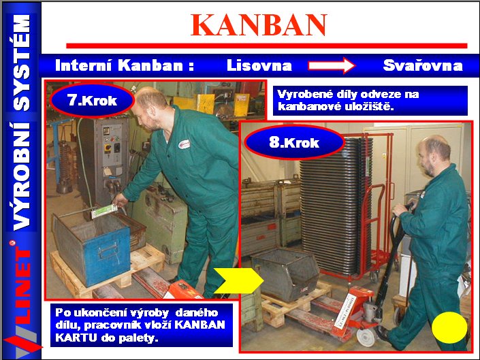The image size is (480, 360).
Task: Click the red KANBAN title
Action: [259, 25]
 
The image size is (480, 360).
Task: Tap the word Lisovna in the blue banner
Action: [259, 65]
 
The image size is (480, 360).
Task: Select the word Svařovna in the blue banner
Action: [423, 65]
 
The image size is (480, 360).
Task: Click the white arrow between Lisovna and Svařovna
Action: [332, 65]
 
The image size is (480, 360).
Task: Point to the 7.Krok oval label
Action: [92, 100]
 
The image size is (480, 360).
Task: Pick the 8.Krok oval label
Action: [295, 142]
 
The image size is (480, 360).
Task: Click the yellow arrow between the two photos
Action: [238, 281]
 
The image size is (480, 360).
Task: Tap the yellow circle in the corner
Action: [449, 327]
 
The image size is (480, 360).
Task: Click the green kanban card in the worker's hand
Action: [104, 211]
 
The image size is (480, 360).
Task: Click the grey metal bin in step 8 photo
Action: [285, 273]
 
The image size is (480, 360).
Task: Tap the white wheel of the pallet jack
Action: [366, 337]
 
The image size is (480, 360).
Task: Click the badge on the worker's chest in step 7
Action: [184, 144]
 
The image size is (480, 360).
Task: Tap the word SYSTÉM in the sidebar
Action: [21, 63]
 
